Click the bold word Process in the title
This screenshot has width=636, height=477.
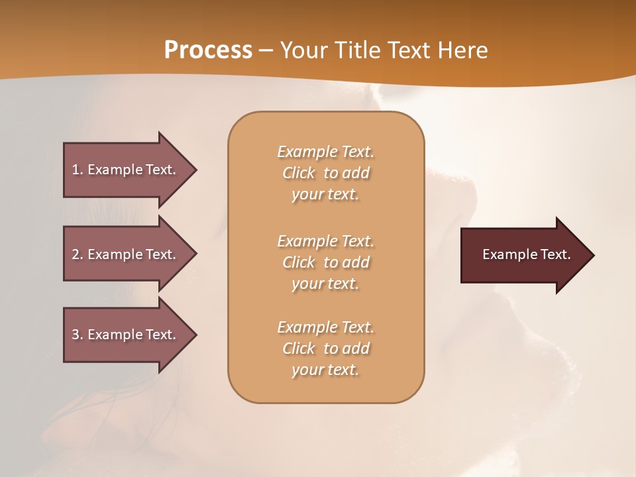pos(208,50)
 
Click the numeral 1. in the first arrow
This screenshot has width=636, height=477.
pos(78,170)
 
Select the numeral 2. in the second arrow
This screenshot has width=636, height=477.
pos(78,254)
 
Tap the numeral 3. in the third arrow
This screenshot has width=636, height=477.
pos(78,335)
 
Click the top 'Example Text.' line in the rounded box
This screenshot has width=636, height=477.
pos(325,152)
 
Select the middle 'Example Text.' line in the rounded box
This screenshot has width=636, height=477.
pos(325,241)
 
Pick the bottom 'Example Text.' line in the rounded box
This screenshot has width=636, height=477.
pos(325,327)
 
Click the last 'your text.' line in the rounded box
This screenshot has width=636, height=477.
pos(325,370)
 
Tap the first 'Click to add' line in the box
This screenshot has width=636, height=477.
pos(325,173)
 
